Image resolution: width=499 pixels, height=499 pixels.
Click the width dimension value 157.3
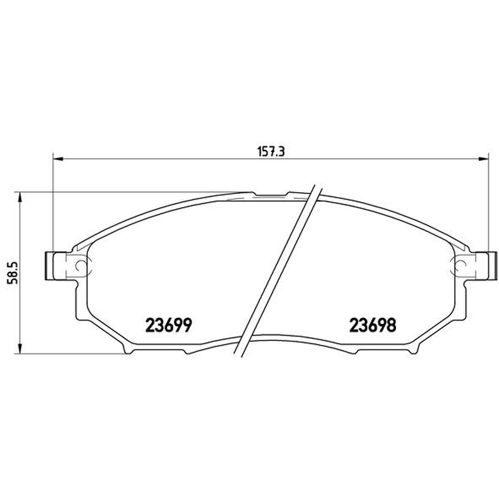point(271,152)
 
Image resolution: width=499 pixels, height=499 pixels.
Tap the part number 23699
point(168,325)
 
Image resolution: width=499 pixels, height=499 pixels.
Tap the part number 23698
point(373,325)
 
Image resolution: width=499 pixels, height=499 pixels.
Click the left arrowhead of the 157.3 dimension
point(58,158)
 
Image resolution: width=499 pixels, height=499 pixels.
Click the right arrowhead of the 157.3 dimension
point(482,158)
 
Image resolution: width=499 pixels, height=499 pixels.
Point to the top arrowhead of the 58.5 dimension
point(20,198)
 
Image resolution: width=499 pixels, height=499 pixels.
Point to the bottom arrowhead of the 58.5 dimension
point(20,347)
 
